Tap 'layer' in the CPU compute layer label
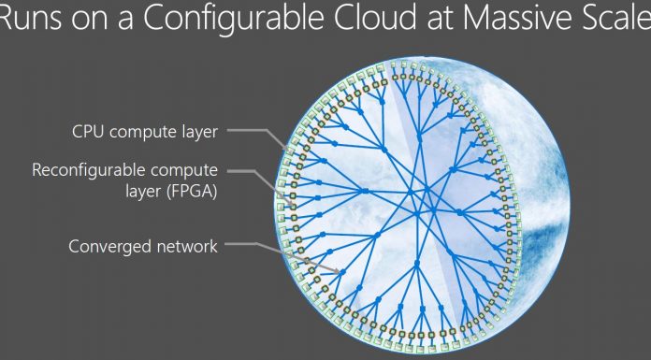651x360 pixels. (x=198, y=133)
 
